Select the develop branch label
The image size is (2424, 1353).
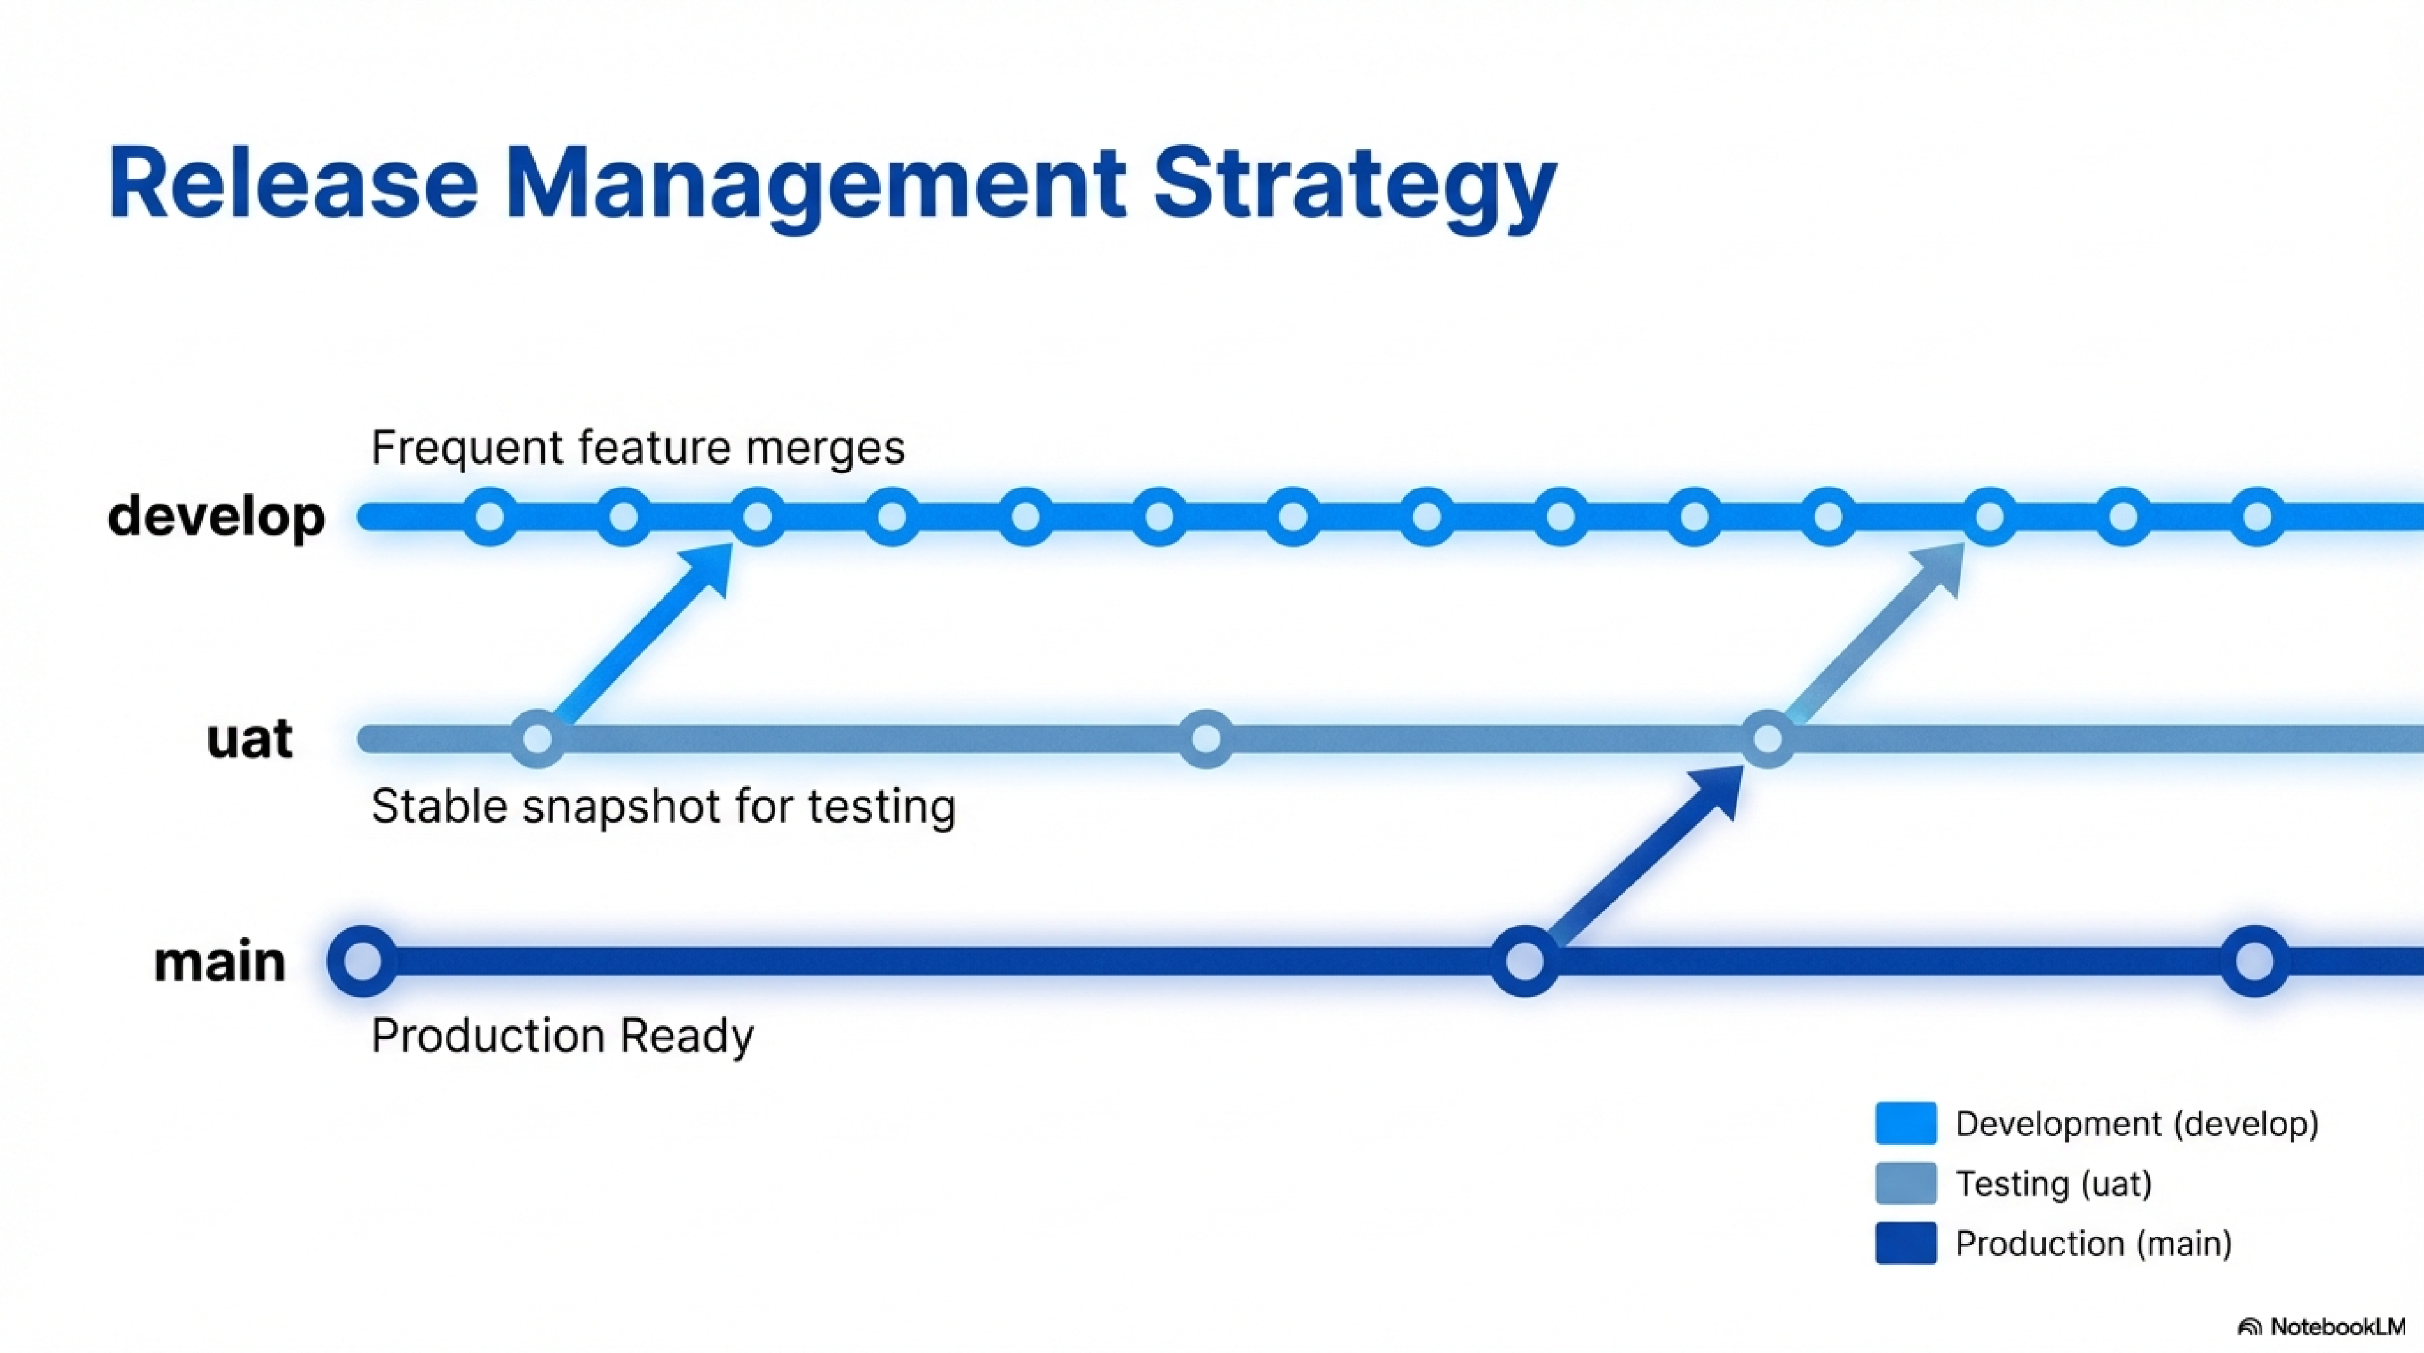point(216,516)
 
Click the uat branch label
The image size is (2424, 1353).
point(249,738)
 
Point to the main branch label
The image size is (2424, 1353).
point(219,962)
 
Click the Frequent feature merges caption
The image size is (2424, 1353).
point(637,447)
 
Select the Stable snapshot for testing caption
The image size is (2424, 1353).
point(663,806)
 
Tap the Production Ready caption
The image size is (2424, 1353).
point(562,1035)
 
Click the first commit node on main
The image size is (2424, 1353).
point(362,960)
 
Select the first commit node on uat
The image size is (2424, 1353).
point(537,738)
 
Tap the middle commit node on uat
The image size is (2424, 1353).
point(1206,738)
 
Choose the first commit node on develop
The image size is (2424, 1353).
point(490,516)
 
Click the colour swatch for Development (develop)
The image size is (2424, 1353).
point(1905,1123)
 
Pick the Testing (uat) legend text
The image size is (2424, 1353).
point(2053,1184)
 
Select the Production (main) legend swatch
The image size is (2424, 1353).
point(1905,1243)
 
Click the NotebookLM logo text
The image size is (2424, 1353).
point(2336,1326)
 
